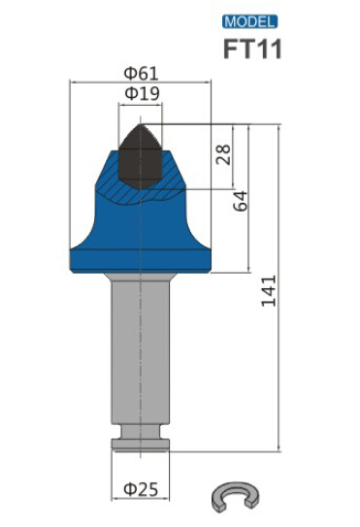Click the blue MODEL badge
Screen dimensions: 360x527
tap(249, 22)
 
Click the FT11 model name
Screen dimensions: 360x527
tap(252, 49)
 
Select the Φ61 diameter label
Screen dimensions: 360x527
tap(141, 74)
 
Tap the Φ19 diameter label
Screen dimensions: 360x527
tap(142, 94)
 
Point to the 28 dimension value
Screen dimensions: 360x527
tap(223, 154)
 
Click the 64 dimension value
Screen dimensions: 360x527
tap(241, 201)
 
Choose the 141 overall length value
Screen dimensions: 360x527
tap(269, 291)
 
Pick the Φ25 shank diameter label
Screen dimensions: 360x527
tap(141, 489)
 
